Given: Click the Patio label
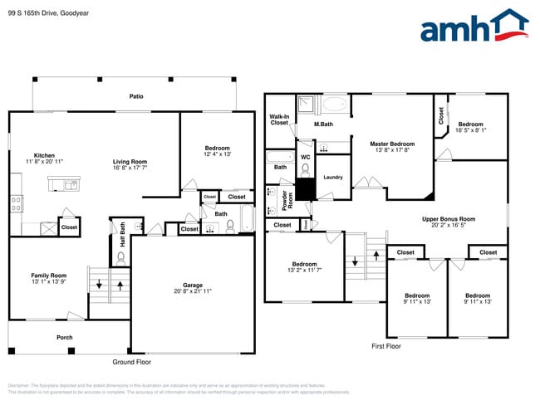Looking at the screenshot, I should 135,97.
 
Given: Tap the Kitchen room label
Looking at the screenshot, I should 44,155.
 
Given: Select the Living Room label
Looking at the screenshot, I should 130,162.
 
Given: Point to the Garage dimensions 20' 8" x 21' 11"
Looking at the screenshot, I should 193,291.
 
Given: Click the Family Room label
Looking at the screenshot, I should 48,276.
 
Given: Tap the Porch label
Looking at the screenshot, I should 65,337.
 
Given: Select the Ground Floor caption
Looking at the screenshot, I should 131,362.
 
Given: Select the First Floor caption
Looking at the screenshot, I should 386,346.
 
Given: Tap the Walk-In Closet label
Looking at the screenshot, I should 279,120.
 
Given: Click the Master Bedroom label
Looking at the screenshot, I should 391,144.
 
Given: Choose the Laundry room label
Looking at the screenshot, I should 333,177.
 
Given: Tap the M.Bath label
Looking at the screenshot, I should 323,125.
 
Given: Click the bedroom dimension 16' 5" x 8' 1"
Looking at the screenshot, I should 471,129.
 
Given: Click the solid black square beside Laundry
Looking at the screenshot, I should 306,189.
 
